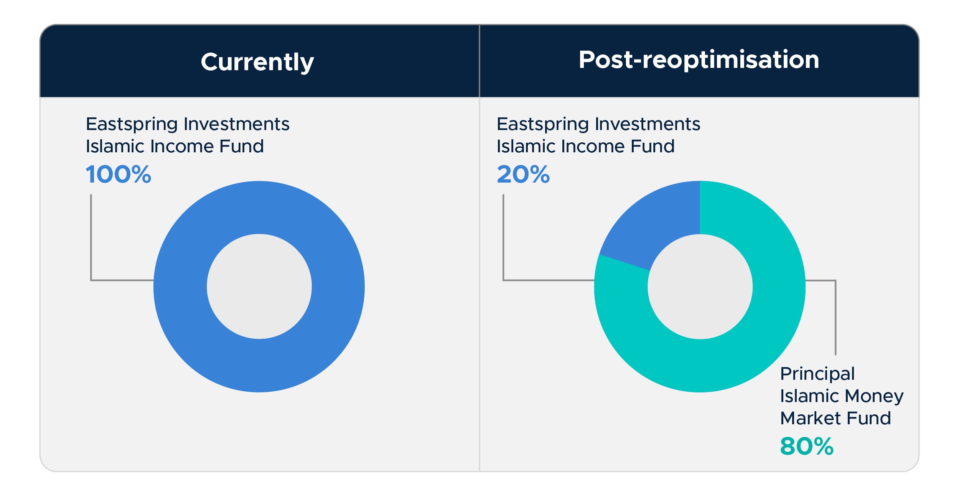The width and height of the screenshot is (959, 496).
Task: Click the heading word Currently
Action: (x=257, y=62)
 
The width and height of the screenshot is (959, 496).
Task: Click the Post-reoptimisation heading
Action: (x=699, y=60)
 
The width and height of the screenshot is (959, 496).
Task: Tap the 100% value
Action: (x=118, y=175)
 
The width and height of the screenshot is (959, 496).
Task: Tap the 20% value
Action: (x=523, y=175)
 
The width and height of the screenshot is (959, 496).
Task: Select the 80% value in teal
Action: (x=806, y=446)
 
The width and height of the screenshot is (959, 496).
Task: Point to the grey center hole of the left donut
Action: (x=259, y=287)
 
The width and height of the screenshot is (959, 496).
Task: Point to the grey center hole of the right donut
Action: (x=700, y=287)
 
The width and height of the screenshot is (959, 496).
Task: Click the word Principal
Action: (x=817, y=374)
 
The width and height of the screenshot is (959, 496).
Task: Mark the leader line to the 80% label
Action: (x=835, y=318)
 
